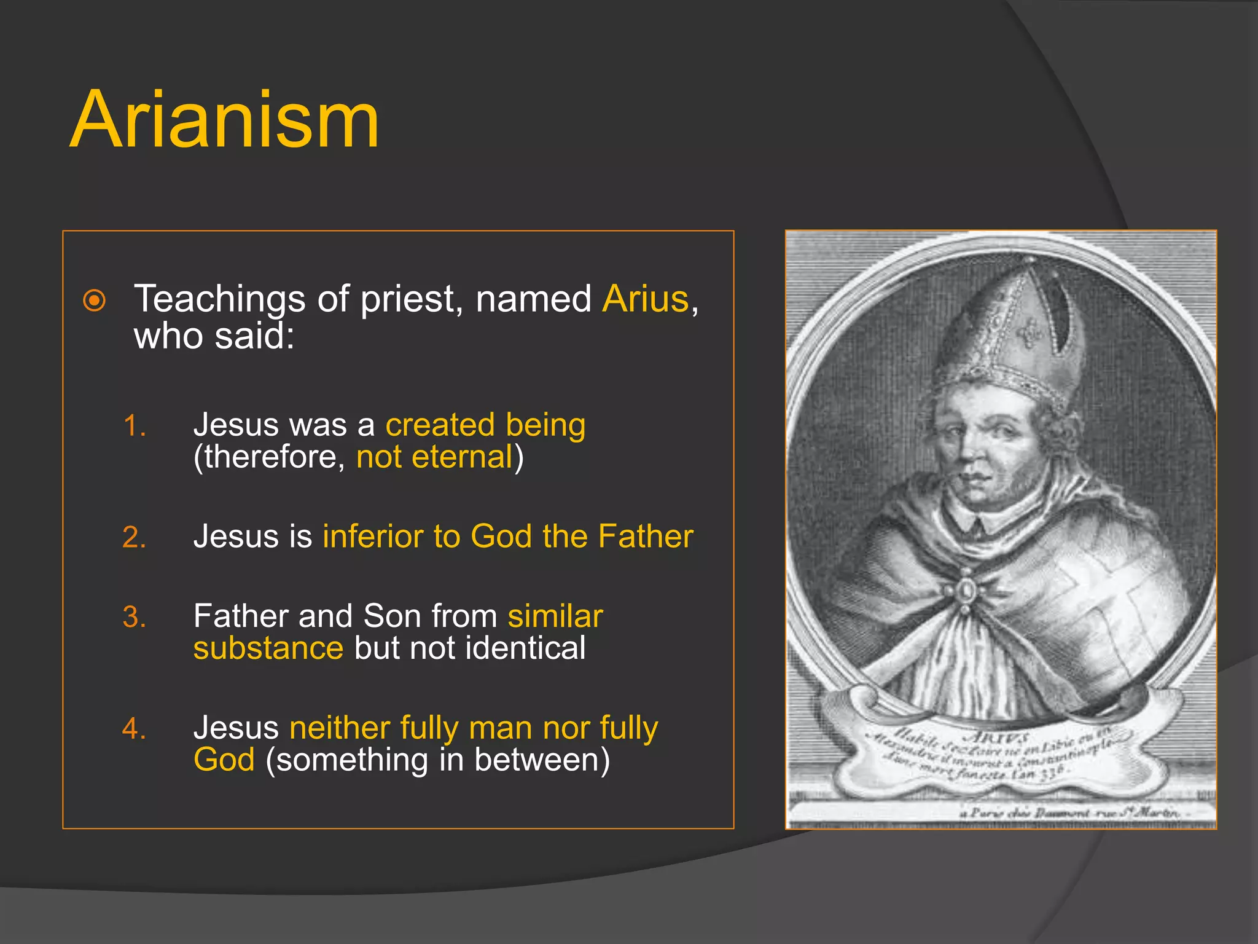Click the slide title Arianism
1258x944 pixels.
pos(224,120)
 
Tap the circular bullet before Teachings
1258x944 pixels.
pos(94,301)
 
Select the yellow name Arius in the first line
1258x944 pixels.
pos(646,299)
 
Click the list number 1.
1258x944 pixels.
pos(134,426)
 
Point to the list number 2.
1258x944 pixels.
pos(134,537)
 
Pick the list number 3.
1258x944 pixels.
pos(134,617)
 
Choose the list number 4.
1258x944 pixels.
pos(134,729)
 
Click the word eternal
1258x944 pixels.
pos(462,457)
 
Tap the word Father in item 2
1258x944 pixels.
pos(646,537)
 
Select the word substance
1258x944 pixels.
pos(268,648)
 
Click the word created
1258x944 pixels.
pos(440,425)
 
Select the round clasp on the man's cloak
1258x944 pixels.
pos(965,591)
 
